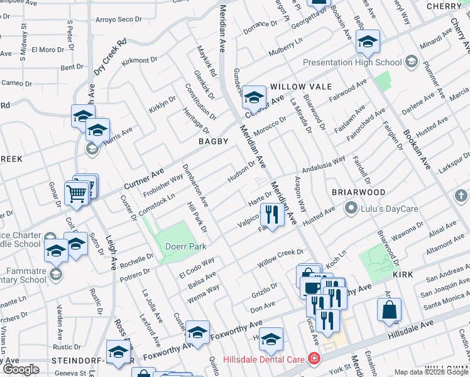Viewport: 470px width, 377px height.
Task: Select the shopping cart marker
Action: [x=77, y=193]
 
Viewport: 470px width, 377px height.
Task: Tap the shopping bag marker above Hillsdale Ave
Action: [x=390, y=309]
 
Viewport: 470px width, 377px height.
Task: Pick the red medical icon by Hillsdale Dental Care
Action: [x=313, y=360]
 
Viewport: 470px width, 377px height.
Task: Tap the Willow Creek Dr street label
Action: [x=280, y=258]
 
